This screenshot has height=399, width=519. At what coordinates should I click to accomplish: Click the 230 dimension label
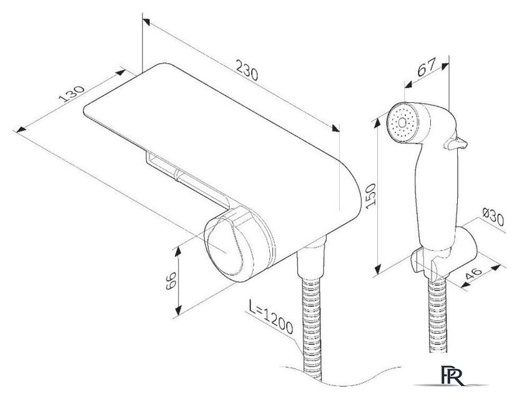tap(247, 70)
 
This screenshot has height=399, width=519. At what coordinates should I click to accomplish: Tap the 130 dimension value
tap(72, 94)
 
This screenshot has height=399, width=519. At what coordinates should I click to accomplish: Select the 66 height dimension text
tap(171, 281)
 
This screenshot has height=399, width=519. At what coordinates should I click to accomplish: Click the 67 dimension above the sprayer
tap(427, 67)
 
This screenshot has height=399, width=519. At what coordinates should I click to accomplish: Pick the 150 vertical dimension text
tap(371, 196)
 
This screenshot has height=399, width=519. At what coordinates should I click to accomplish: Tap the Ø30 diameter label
tap(493, 217)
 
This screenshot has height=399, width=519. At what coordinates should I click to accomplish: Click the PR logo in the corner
tap(452, 376)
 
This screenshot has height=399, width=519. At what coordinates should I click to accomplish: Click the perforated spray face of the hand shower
tap(402, 123)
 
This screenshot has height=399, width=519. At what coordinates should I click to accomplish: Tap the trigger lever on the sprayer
tap(456, 143)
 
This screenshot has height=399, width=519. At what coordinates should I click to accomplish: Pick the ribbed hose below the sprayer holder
tap(438, 315)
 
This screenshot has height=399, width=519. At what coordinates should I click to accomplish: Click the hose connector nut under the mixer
tap(311, 259)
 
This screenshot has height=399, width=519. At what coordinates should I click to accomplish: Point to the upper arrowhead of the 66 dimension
tap(178, 251)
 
